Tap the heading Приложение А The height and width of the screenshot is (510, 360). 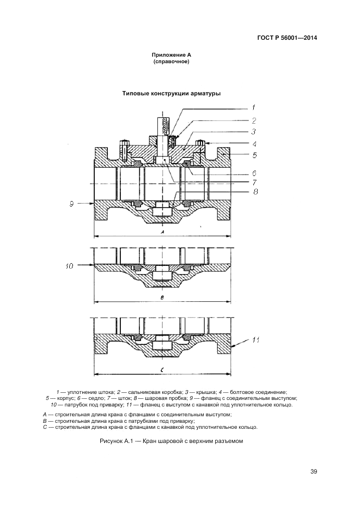tap(172, 55)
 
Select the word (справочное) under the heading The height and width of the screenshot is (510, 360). tap(172, 62)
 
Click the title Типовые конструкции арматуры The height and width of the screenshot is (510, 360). tap(171, 93)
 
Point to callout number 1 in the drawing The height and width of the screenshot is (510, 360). tap(253, 107)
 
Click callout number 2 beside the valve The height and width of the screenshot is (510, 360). tap(253, 120)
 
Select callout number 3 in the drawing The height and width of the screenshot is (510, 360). tap(253, 131)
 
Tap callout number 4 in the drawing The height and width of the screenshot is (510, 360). tap(254, 144)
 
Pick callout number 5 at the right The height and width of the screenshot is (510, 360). tap(254, 155)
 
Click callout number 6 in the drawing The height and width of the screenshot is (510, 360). tap(254, 173)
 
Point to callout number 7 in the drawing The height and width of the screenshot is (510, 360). tap(254, 182)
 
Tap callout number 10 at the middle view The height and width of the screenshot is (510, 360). tap(70, 266)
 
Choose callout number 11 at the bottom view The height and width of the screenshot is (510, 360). tap(255, 340)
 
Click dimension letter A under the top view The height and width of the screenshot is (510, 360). tap(162, 232)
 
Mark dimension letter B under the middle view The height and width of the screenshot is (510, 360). tap(162, 297)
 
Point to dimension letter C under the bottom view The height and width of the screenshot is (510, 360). tap(163, 370)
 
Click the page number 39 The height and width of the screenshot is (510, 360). tap(314, 471)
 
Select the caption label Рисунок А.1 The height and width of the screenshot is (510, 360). tap(118, 440)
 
